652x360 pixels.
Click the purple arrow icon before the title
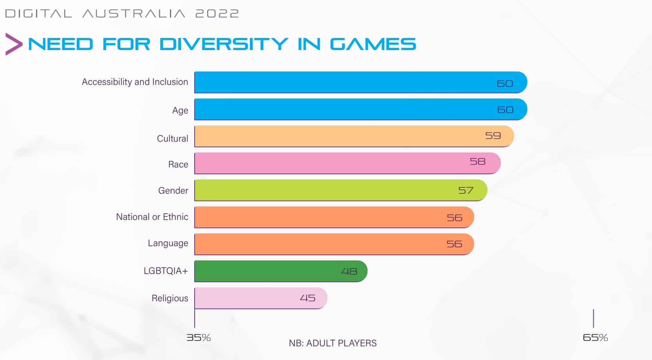14,44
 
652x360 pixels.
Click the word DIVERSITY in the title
224,44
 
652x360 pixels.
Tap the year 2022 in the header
217,14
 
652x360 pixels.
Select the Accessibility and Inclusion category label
135,82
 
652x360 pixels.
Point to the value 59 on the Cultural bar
493,136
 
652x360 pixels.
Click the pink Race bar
333,163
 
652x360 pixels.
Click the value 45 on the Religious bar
307,298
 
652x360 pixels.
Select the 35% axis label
199,337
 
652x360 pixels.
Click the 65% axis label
595,337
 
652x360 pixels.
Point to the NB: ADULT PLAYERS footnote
332,343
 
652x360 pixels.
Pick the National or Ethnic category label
152,217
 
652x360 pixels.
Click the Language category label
168,243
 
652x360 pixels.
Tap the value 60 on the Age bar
505,110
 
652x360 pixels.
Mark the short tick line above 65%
593,318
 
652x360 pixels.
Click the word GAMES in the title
373,44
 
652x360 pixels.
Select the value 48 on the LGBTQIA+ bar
349,271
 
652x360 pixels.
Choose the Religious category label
170,298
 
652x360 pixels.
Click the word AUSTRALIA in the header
134,14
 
